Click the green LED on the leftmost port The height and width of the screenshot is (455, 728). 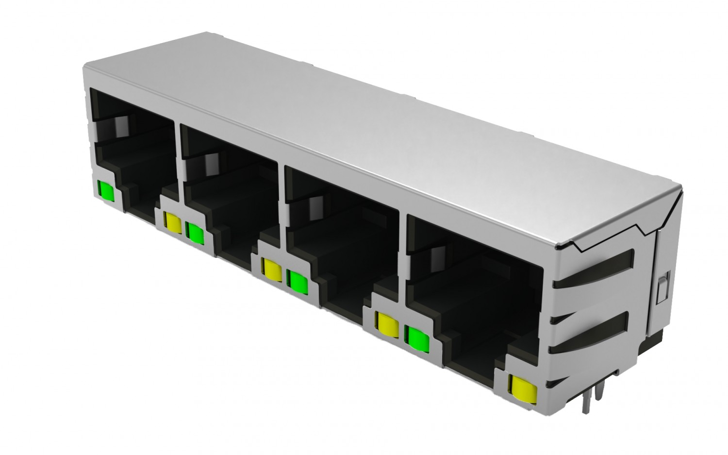[x=106, y=191]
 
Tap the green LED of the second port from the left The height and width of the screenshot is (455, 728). [x=195, y=233]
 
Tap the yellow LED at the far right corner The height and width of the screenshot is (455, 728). [x=519, y=386]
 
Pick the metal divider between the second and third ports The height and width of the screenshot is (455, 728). [x=283, y=209]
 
